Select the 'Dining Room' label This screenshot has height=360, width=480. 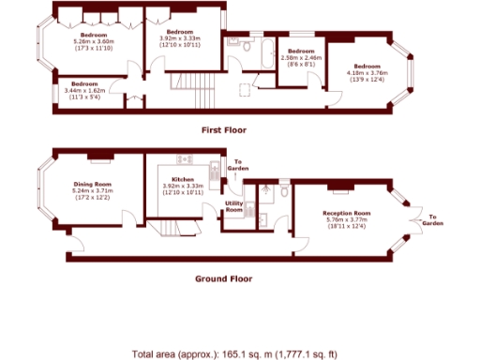[93, 184]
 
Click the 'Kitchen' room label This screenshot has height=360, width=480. [182, 179]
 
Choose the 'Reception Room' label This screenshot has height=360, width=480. [341, 213]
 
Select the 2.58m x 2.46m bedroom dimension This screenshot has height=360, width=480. [302, 57]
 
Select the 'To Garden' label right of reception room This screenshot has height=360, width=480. [431, 221]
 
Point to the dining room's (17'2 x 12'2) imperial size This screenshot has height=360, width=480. [93, 198]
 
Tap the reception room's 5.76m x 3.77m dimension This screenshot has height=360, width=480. [341, 220]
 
